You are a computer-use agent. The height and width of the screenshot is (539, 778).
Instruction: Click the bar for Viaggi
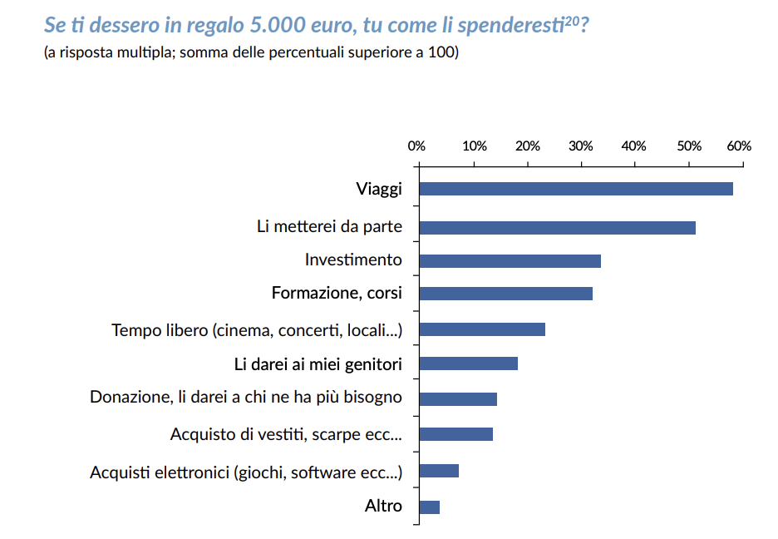pos(576,189)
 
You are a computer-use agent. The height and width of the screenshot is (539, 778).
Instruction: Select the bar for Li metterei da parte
pos(557,228)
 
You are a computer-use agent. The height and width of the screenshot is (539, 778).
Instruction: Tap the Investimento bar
pos(510,261)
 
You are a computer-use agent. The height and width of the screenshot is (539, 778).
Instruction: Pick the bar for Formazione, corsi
pos(505,294)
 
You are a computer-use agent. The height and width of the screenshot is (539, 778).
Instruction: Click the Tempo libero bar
pos(482,329)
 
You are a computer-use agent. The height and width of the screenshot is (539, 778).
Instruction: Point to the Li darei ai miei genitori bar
pos(468,363)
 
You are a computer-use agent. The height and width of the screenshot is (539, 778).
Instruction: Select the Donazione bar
pos(458,399)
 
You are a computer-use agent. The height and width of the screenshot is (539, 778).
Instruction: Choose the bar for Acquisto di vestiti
pos(455,434)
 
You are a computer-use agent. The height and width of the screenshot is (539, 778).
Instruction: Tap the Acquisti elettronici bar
pos(439,472)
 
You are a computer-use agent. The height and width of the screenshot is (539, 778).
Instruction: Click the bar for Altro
pos(429,507)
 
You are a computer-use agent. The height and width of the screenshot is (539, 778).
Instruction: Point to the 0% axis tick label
pos(416,146)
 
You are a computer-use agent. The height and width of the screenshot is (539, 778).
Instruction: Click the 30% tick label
pos(580,146)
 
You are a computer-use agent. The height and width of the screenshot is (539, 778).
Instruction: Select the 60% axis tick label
pos(739,146)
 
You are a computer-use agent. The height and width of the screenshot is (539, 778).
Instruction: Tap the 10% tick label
pos(474,146)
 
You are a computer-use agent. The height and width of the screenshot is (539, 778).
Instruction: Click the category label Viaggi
pos(379,189)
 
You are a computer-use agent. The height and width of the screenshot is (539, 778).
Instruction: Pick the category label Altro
pos(383,506)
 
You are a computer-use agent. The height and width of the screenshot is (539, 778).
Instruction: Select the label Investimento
pos(353,260)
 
